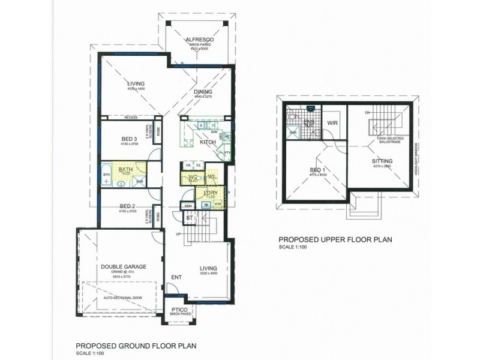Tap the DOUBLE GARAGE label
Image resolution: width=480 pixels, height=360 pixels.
click(x=124, y=266)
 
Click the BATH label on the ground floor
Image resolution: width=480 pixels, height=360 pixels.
click(x=125, y=170)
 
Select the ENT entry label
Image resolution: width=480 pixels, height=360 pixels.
click(x=177, y=277)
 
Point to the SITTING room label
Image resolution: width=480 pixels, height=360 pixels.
click(x=382, y=161)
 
